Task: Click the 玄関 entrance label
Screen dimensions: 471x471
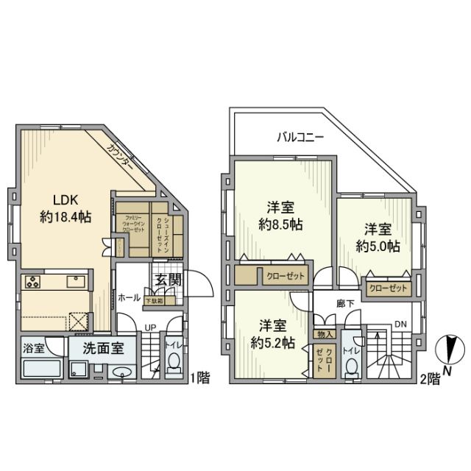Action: [166, 280]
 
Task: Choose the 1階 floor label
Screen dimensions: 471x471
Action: [199, 379]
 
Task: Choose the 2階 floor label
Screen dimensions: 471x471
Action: [431, 380]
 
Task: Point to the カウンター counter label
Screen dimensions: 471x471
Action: [119, 157]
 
